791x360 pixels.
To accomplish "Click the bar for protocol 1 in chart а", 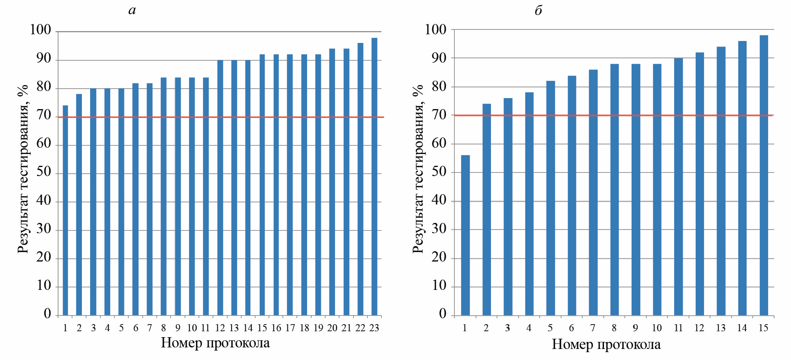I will pyautogui.click(x=65, y=210).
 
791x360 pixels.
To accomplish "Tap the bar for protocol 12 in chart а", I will pyautogui.click(x=220, y=187).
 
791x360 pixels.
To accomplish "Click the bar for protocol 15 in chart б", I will pyautogui.click(x=764, y=175).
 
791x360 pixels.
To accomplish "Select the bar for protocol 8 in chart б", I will pyautogui.click(x=615, y=189).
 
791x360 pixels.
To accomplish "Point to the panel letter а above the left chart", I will pyautogui.click(x=132, y=10).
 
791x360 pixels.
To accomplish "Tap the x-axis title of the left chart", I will pyautogui.click(x=215, y=343).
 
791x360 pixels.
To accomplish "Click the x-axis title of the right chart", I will pyautogui.click(x=606, y=345).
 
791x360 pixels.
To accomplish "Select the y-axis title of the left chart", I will pyautogui.click(x=23, y=169).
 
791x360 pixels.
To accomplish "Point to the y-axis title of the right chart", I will pyautogui.click(x=418, y=169).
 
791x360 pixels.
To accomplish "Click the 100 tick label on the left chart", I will pyautogui.click(x=41, y=30).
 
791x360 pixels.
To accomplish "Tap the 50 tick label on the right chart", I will pyautogui.click(x=439, y=172).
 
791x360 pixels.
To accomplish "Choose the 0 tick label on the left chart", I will pyautogui.click(x=47, y=314).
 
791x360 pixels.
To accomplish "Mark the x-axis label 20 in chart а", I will pyautogui.click(x=332, y=328).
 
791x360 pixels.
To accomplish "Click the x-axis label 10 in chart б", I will pyautogui.click(x=657, y=328).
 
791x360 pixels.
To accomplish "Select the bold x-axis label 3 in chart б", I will pyautogui.click(x=508, y=328).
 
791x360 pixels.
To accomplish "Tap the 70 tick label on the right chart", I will pyautogui.click(x=439, y=115).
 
